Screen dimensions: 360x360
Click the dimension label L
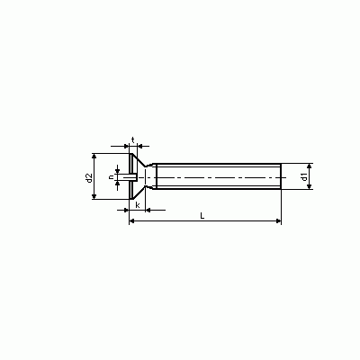[202, 216]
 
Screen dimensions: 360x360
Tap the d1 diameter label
[304, 176]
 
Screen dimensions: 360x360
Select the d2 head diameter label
[88, 177]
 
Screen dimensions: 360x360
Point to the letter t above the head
[132, 139]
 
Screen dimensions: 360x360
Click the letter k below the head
[138, 205]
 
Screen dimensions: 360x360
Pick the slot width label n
[112, 177]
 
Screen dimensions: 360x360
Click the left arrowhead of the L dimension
[131, 221]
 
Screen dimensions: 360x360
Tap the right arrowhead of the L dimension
[279, 221]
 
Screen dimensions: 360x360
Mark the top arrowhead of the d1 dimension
[310, 166]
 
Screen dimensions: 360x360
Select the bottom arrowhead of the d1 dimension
[310, 186]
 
